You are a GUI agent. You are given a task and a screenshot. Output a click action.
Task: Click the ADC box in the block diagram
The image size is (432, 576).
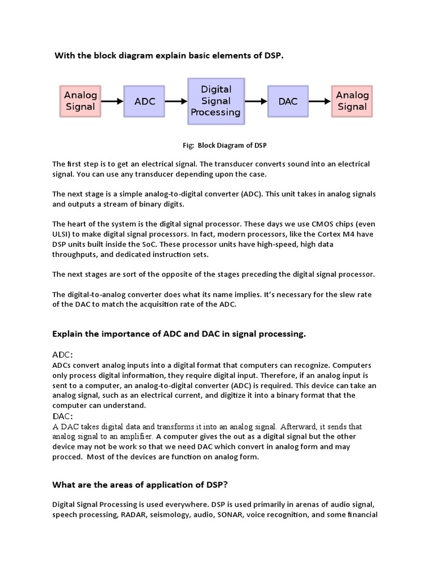point(145,101)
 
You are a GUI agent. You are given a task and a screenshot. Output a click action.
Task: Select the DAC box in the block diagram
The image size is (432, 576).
point(287,101)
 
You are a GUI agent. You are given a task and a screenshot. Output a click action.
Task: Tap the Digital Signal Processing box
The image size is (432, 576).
point(216,101)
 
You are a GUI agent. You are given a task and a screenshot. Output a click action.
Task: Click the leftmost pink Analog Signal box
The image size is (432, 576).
point(80,101)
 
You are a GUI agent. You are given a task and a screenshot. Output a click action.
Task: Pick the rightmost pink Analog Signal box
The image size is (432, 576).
point(352,101)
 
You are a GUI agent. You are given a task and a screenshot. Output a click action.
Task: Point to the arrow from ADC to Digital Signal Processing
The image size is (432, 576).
point(176,101)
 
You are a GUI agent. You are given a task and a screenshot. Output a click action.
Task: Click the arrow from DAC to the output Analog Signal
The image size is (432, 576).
point(319,101)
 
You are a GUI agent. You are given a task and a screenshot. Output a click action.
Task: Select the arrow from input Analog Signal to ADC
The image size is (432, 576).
point(112,101)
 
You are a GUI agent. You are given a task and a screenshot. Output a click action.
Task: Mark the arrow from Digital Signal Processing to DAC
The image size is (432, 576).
point(256,101)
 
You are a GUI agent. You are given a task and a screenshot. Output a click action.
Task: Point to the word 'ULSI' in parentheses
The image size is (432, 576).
point(61,233)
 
